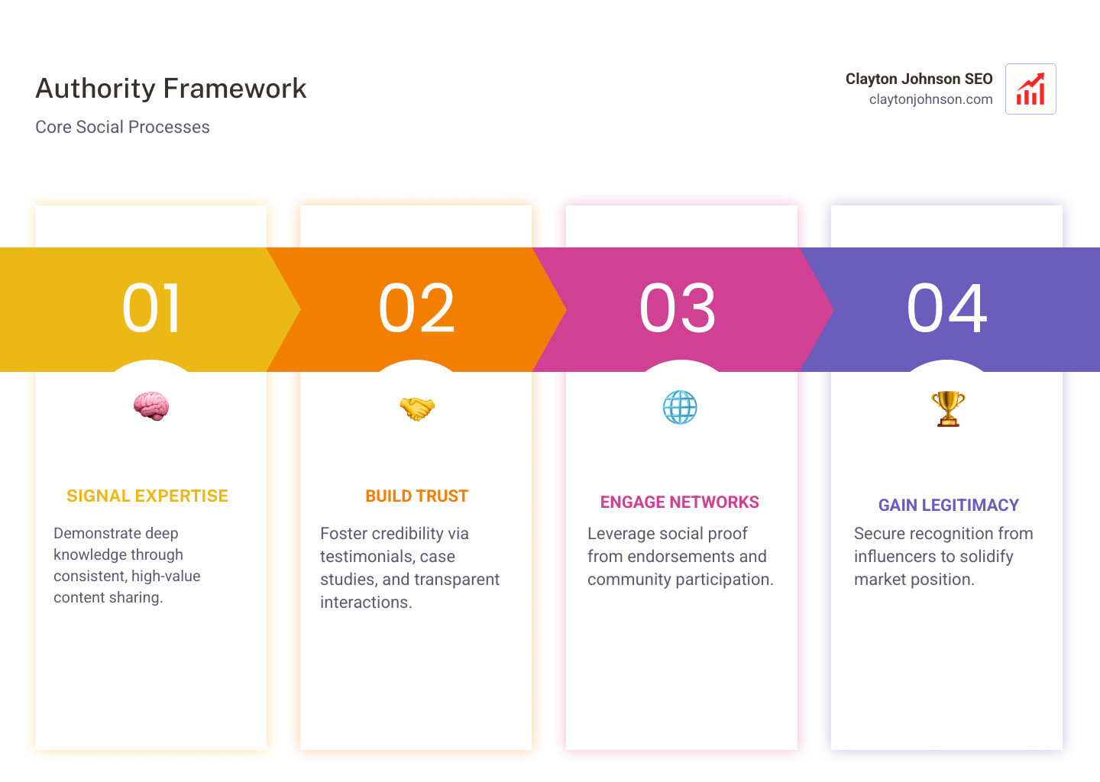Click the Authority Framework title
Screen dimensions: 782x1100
coord(171,89)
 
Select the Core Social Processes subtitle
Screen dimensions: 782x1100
coord(122,127)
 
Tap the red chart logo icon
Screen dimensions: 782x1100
coord(1030,89)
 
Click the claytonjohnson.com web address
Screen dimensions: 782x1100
coord(930,99)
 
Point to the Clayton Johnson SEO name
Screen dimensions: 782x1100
coord(918,79)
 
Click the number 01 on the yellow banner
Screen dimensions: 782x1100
coord(151,309)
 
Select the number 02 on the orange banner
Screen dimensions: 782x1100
coord(417,309)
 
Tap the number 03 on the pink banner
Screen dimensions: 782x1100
coord(678,309)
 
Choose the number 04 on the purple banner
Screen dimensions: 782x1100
coord(947,309)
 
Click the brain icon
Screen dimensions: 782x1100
coord(151,406)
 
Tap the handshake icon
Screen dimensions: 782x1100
coord(416,408)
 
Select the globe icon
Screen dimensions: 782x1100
coord(680,408)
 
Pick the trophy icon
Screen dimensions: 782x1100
coord(948,409)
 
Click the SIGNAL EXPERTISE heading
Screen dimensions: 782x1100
coord(147,496)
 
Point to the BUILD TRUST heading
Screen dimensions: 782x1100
coord(416,496)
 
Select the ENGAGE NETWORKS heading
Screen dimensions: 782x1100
coord(679,502)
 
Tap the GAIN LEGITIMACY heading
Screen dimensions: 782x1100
coord(948,506)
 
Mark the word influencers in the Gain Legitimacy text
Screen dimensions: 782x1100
coord(895,557)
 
